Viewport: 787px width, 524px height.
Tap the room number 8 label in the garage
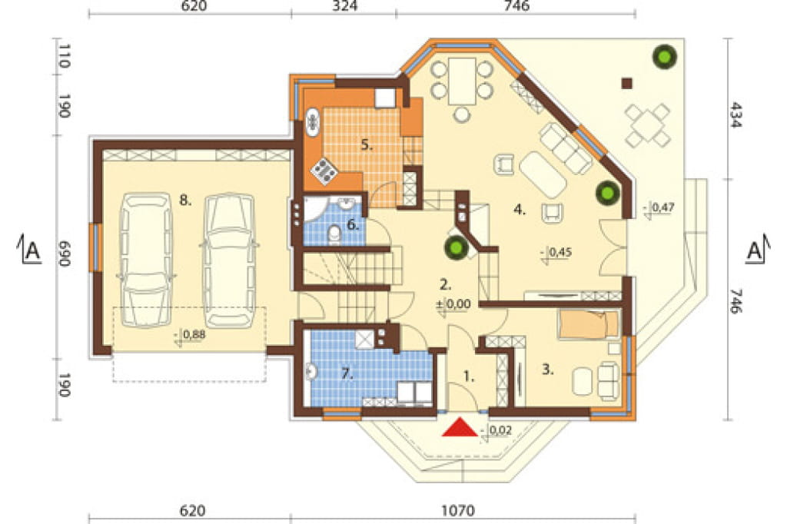pos(185,201)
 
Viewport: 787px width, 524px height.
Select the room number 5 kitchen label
pos(367,145)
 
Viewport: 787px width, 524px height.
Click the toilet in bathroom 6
pos(334,234)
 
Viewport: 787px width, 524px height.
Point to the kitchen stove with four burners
pos(324,171)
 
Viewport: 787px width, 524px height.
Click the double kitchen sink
pos(313,123)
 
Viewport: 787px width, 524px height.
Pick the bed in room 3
pos(588,323)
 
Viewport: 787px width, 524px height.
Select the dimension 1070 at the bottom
pos(458,510)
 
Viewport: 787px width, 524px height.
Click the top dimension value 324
pos(345,6)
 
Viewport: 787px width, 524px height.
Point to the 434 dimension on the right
pos(736,115)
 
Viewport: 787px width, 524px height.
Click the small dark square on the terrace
pos(626,83)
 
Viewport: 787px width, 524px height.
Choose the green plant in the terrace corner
pos(665,57)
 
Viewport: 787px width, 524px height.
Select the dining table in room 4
pos(462,81)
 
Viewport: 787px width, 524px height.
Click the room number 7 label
pos(346,373)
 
